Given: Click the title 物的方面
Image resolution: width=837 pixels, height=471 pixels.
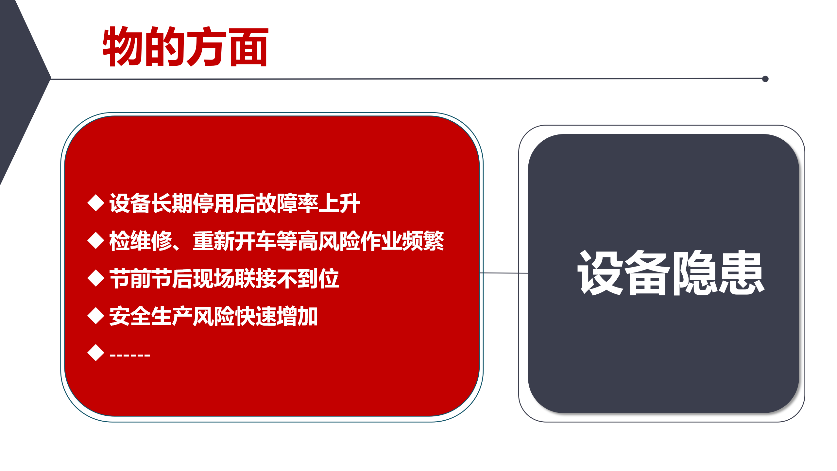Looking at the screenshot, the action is click(x=185, y=46).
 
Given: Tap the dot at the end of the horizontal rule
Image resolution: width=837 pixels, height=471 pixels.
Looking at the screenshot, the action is click(x=765, y=79).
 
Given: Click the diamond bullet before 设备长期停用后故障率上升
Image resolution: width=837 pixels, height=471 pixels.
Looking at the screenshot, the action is click(x=96, y=203).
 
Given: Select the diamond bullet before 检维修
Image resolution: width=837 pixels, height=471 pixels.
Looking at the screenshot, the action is click(x=96, y=240).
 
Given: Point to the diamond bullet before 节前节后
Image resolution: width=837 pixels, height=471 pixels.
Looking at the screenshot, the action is click(x=96, y=278).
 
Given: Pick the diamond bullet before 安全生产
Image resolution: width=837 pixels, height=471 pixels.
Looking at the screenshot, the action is click(x=96, y=316).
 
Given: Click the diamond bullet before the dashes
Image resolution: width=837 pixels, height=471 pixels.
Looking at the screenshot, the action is click(x=96, y=353).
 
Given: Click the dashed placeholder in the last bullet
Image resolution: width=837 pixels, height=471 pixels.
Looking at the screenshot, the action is click(x=130, y=355).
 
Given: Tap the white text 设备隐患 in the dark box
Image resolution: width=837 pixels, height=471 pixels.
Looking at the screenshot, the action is click(x=671, y=273).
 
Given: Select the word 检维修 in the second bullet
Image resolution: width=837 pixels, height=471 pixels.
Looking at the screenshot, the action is click(x=141, y=241).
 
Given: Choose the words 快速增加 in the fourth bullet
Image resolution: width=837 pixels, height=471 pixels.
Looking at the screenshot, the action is click(x=277, y=316).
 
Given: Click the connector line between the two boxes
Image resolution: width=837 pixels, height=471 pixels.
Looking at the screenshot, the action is click(x=504, y=273).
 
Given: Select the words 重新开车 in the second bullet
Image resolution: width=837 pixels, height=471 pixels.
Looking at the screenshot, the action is click(x=234, y=241).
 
